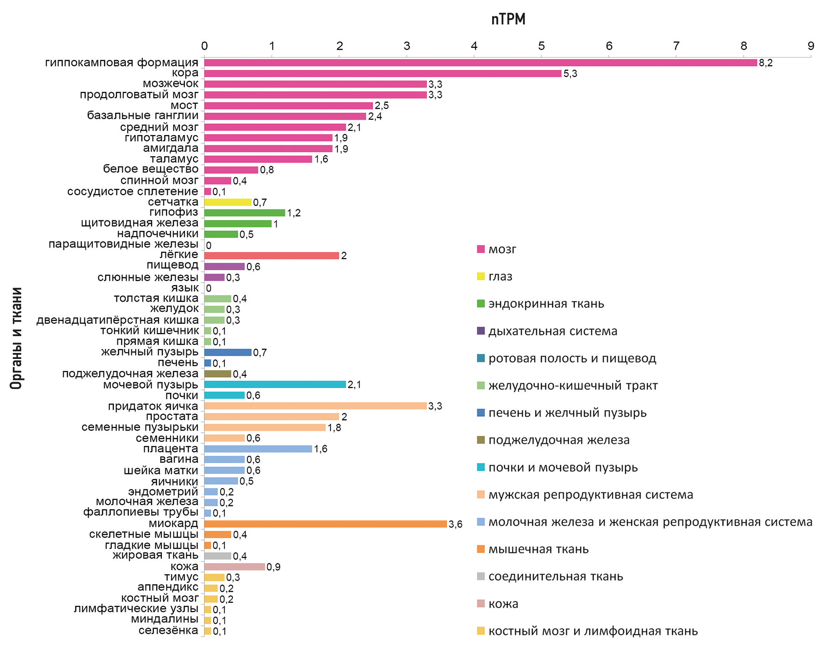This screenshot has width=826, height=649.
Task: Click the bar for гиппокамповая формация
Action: [x=480, y=63]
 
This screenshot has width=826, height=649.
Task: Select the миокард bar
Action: [x=325, y=524]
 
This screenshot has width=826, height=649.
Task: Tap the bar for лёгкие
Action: [x=271, y=256]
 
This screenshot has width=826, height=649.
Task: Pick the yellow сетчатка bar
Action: [x=228, y=202]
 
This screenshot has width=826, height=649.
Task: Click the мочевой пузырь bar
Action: [x=275, y=385]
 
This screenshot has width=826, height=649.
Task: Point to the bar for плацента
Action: [x=258, y=449]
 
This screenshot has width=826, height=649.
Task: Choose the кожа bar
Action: [x=234, y=567]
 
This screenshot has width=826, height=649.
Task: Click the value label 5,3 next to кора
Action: [x=570, y=74]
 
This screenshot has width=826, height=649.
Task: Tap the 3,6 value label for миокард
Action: [x=455, y=524]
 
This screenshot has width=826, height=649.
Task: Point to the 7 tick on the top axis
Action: [x=676, y=46]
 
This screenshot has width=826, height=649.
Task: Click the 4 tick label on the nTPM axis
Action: [x=474, y=46]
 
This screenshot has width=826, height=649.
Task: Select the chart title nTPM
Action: [x=508, y=19]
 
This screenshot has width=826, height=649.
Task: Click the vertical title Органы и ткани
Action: [x=16, y=338]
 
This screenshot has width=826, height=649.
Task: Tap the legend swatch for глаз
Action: [x=481, y=276]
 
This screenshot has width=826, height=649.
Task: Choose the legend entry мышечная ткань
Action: [x=538, y=549]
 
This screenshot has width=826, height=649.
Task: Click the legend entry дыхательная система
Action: [x=553, y=331]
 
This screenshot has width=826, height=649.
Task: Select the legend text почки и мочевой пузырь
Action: [x=563, y=468]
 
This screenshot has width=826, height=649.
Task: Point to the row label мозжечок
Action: [x=170, y=84]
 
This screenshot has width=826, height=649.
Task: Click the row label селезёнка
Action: [x=168, y=631]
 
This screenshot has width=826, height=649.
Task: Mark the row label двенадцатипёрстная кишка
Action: [x=117, y=320]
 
